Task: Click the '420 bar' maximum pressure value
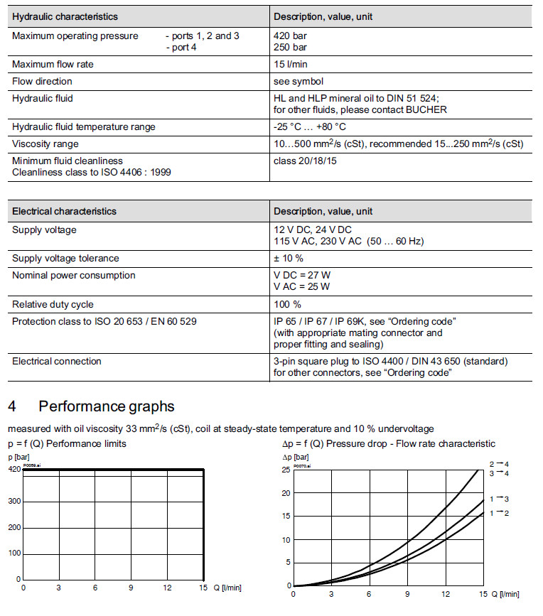click(x=290, y=36)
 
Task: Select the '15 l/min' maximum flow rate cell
click(x=291, y=64)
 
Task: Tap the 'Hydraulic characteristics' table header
click(x=65, y=16)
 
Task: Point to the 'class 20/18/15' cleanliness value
click(x=306, y=161)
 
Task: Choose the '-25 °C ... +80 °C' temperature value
click(x=309, y=126)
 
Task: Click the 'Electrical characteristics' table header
click(x=64, y=211)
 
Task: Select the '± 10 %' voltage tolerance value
click(x=289, y=258)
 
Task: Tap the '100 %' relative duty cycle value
click(x=287, y=304)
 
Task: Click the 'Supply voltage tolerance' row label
click(x=65, y=258)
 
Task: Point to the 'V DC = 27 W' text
click(x=301, y=275)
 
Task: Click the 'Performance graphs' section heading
click(x=106, y=406)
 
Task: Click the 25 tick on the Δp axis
click(x=286, y=470)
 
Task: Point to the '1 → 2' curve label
click(x=500, y=513)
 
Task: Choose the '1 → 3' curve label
click(x=500, y=499)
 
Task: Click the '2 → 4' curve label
click(x=500, y=464)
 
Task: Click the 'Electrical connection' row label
click(x=56, y=361)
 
